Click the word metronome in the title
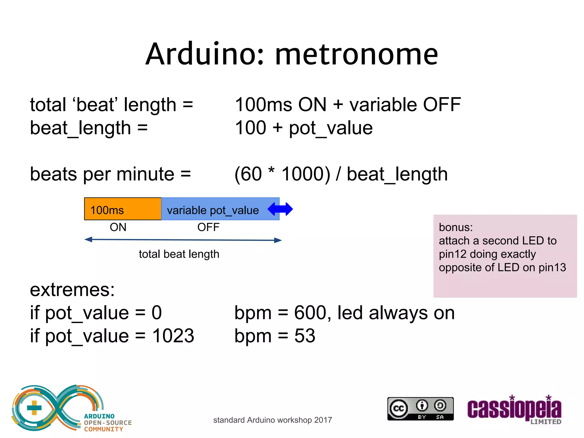356,54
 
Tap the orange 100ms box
123,209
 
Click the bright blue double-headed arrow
280,209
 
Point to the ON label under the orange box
118,227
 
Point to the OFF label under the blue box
208,227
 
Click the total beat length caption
179,254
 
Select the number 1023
173,336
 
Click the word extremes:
72,290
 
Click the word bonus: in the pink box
455,227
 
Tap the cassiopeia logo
514,409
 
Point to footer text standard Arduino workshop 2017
272,420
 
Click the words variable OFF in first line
405,104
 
